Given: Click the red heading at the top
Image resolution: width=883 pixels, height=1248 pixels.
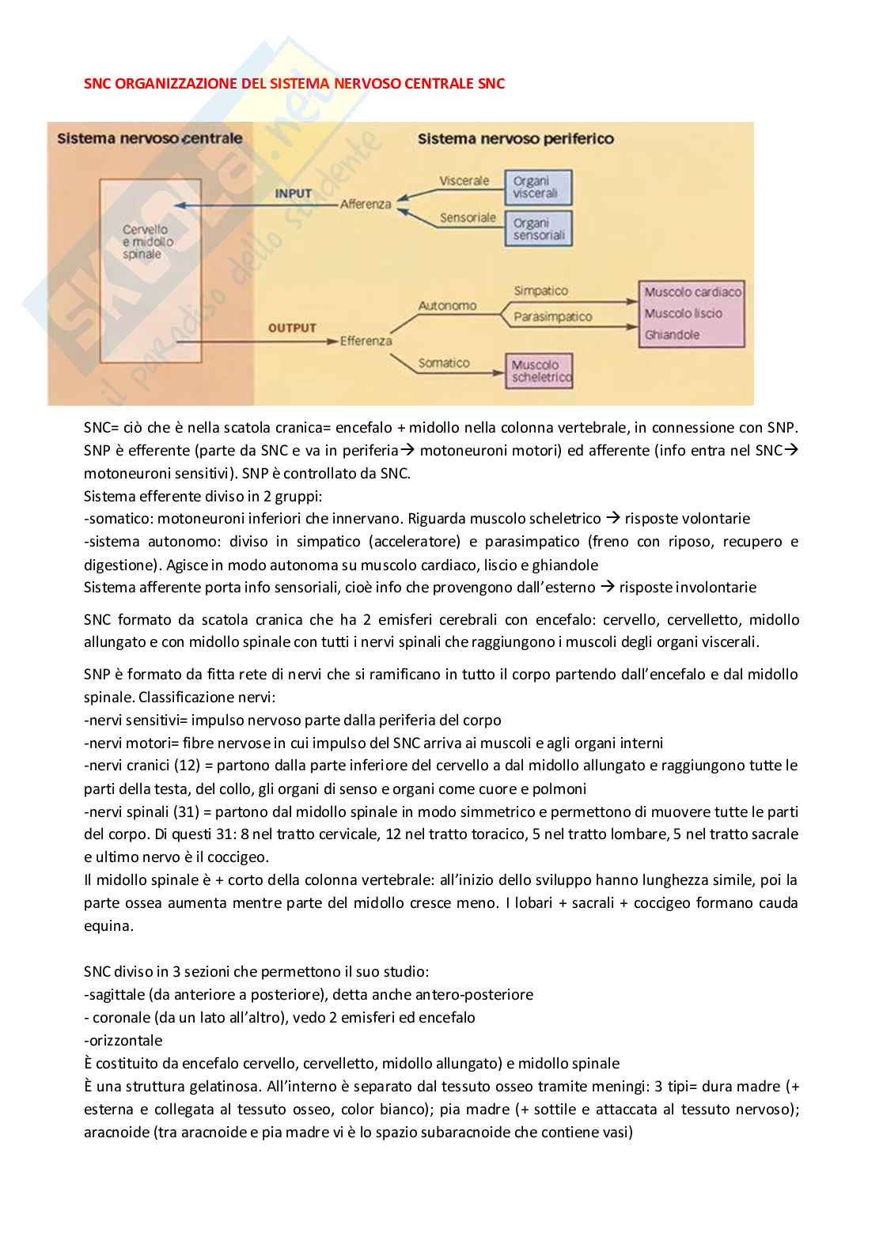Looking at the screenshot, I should point(294,84).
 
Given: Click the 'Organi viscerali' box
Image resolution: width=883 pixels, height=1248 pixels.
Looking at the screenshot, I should point(538,187).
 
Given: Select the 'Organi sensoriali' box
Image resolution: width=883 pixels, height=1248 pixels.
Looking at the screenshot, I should point(538,229).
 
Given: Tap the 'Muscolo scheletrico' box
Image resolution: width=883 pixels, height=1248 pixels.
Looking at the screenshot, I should point(539,371).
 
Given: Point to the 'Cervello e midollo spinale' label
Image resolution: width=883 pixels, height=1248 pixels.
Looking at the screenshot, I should point(147,242).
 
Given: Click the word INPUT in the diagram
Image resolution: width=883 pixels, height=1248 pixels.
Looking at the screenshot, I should point(294,194).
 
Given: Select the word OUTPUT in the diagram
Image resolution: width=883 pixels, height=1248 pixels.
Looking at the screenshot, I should point(292,327).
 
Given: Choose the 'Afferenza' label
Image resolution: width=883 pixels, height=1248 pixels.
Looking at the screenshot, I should point(366,204).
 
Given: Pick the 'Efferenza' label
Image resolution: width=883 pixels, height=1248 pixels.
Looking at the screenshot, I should point(366,341).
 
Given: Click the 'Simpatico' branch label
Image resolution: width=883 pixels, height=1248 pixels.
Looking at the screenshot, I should point(541,291).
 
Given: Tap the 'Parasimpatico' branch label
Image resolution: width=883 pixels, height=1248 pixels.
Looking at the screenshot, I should point(553,317).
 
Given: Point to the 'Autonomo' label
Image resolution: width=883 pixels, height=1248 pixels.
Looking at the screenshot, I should point(447,306).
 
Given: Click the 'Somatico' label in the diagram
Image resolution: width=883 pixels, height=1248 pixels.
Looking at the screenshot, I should point(444,363).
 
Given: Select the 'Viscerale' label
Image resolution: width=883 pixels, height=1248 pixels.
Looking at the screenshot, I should point(464,181).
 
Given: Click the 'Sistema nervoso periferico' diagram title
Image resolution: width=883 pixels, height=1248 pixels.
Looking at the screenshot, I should point(516,139).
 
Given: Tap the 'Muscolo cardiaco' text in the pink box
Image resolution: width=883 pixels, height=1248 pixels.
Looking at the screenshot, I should point(692,292).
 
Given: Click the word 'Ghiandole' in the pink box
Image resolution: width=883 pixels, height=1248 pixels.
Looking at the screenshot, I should point(672,335).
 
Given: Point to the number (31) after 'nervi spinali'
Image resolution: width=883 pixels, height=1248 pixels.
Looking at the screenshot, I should point(185,811).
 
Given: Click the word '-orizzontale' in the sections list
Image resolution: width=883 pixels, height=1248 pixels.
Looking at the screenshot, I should point(123,1041).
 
